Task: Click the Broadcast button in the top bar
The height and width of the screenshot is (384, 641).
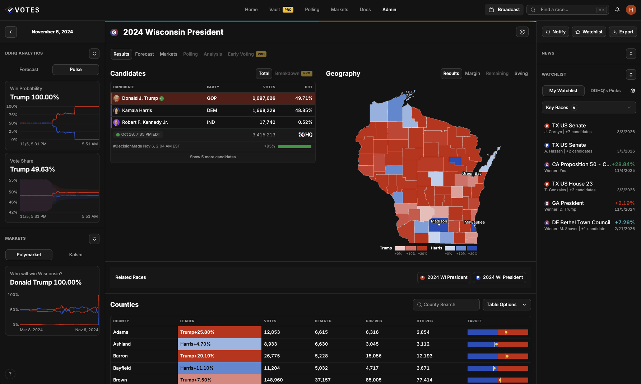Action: tap(504, 10)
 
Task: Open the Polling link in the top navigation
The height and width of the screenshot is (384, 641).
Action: tap(312, 10)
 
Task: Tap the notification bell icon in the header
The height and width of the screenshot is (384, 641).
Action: tap(617, 10)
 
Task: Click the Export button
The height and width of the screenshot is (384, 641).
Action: tap(623, 32)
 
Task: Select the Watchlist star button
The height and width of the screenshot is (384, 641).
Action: tap(589, 32)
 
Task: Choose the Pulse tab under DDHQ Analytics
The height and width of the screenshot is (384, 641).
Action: tap(75, 70)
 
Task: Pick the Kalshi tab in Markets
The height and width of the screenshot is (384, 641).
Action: tap(75, 255)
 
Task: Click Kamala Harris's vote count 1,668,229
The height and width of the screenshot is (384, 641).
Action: tap(264, 111)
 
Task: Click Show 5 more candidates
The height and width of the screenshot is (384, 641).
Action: tap(213, 157)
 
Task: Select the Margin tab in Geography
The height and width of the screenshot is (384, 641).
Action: tap(472, 74)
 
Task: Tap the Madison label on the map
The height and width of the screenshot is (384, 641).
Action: tap(439, 221)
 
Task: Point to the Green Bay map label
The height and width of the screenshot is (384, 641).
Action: tap(472, 173)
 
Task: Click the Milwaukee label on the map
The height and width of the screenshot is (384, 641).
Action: tap(474, 222)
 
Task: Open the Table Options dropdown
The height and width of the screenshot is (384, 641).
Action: tap(506, 305)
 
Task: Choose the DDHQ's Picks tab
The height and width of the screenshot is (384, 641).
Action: tap(605, 91)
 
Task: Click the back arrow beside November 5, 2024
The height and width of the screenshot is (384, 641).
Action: tap(11, 32)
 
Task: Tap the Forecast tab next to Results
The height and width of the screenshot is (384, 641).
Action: tap(144, 54)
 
